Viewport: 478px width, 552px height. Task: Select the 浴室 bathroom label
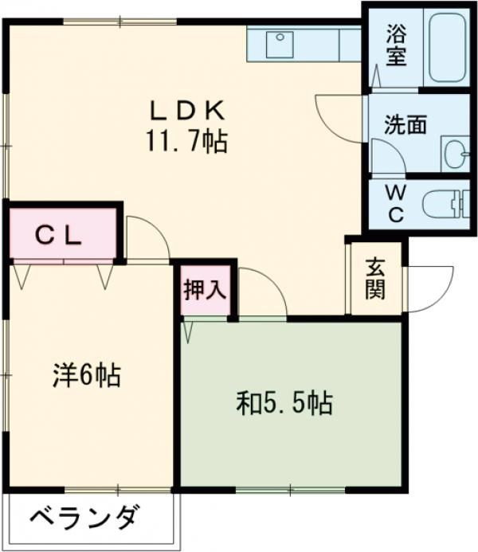click(x=396, y=45)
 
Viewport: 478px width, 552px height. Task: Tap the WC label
click(x=396, y=203)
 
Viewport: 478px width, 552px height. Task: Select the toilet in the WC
click(x=446, y=204)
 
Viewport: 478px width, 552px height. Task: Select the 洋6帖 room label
click(x=87, y=374)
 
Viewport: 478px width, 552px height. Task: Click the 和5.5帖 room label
click(x=284, y=404)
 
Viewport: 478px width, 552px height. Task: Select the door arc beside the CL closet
click(x=147, y=237)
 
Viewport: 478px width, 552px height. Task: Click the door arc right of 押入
click(x=263, y=290)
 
